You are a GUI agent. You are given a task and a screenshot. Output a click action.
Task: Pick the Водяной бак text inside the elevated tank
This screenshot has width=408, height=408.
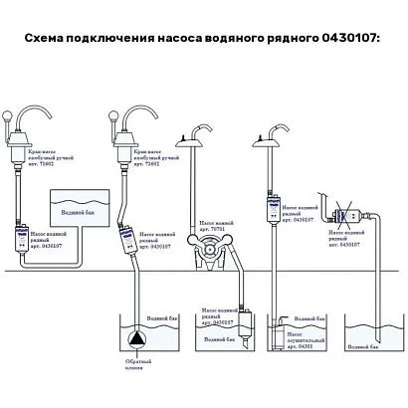[80, 211]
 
